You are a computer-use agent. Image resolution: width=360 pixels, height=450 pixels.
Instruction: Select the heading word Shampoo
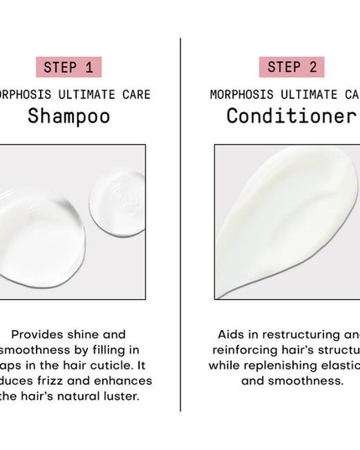tap(69, 116)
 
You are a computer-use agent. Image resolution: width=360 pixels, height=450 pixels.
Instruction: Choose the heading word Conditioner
tap(291, 116)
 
